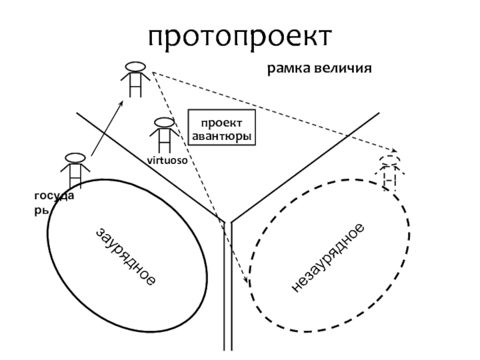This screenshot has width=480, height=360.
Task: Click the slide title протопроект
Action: [x=240, y=37]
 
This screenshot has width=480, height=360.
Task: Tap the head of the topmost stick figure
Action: [x=135, y=65]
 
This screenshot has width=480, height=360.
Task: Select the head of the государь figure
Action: [x=74, y=158]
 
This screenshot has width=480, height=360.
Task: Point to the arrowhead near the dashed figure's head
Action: [x=394, y=151]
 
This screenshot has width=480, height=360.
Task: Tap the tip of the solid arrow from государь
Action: [x=123, y=101]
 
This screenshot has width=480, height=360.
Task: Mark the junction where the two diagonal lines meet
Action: [x=227, y=221]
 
